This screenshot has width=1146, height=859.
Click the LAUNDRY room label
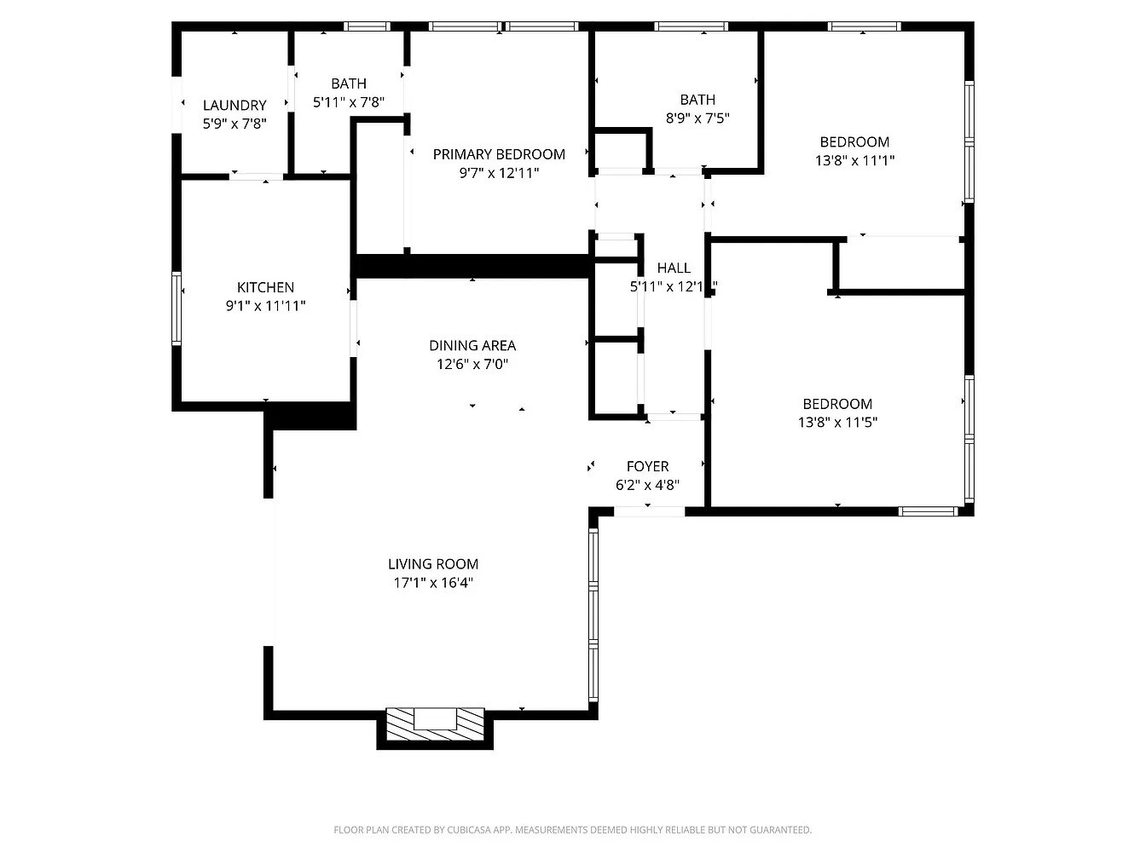click(234, 105)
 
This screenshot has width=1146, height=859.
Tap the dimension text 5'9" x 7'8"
click(234, 124)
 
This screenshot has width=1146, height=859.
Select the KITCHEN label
click(265, 287)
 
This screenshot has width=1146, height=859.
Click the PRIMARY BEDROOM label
click(499, 154)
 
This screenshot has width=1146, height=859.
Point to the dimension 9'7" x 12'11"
click(499, 173)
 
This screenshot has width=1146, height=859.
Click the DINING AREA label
click(472, 345)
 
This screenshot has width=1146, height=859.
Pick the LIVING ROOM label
click(433, 563)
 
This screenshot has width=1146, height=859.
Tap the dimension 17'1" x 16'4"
click(433, 583)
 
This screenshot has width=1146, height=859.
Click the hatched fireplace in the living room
click(435, 724)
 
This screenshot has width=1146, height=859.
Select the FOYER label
click(647, 466)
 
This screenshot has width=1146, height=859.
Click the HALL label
click(674, 268)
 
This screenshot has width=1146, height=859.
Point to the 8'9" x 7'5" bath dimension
click(697, 118)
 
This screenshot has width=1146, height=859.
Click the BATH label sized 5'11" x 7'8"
click(349, 84)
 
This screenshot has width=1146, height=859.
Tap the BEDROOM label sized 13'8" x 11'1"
click(854, 141)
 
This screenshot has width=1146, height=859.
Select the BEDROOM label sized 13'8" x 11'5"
click(837, 404)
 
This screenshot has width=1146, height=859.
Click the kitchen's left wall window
click(177, 308)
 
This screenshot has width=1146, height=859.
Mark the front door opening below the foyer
click(649, 511)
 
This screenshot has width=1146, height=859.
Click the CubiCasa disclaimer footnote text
click(572, 829)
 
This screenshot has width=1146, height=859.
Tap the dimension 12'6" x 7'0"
click(472, 364)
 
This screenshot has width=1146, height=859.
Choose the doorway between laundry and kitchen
click(256, 176)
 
